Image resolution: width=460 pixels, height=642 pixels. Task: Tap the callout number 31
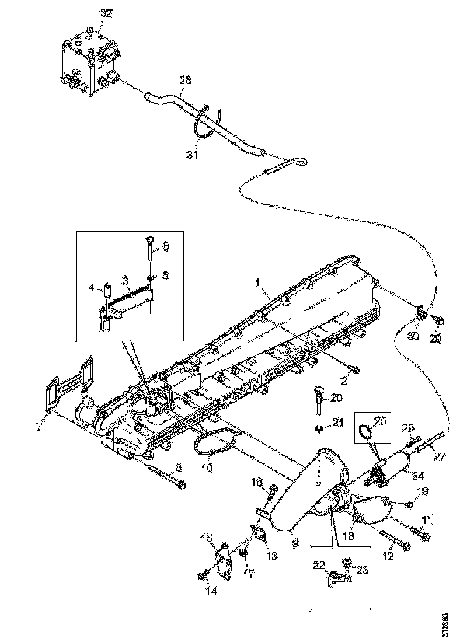(x=192, y=154)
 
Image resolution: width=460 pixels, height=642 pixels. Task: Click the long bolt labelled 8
(x=166, y=476)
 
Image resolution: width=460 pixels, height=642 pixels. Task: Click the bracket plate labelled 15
(x=225, y=560)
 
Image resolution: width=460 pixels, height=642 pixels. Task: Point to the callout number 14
(x=211, y=591)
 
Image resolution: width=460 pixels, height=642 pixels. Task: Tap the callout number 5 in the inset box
(x=165, y=247)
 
